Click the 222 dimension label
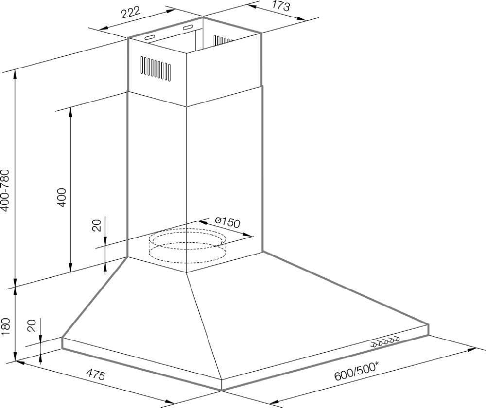click(x=131, y=13)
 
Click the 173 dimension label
click(x=281, y=6)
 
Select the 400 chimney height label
click(x=62, y=197)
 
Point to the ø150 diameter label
click(x=227, y=222)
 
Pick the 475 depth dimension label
click(x=95, y=374)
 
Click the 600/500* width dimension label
click(x=356, y=372)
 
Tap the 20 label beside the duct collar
click(x=97, y=225)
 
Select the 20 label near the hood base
click(x=32, y=325)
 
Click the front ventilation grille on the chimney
click(x=156, y=68)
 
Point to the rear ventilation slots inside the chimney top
click(x=223, y=41)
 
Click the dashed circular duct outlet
click(x=187, y=246)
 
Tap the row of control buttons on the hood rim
click(x=386, y=341)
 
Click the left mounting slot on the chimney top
click(x=149, y=38)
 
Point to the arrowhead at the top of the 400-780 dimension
click(x=15, y=75)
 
